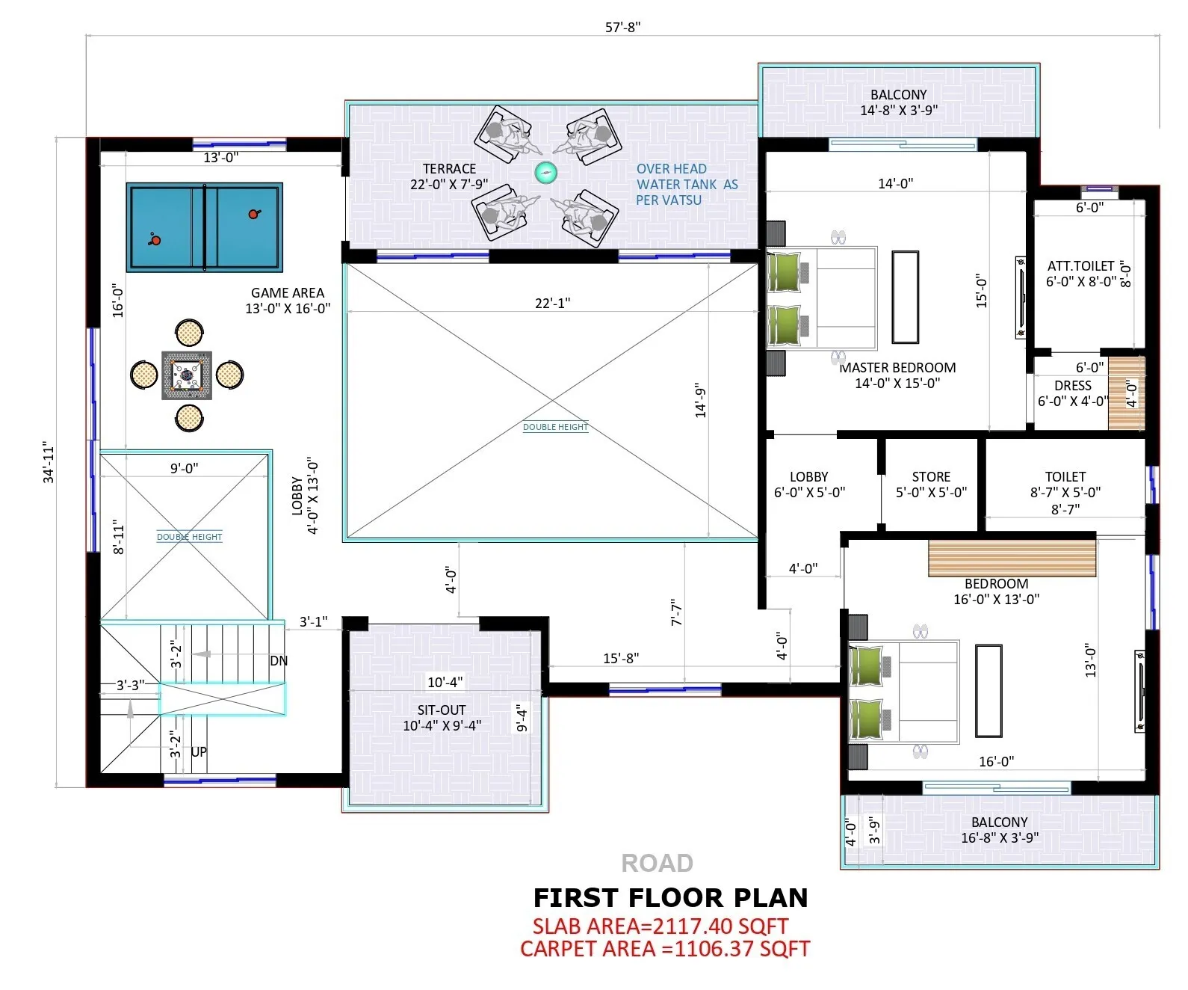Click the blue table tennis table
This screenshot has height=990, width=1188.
click(204, 227)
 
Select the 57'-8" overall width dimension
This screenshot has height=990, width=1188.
click(622, 28)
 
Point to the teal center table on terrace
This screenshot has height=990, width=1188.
click(546, 173)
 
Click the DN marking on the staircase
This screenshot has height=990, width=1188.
click(279, 661)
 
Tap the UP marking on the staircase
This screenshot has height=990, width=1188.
click(199, 752)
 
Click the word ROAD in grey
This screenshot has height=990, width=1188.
click(657, 864)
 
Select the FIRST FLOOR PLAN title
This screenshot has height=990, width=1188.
click(670, 897)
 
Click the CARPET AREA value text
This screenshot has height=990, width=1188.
click(665, 949)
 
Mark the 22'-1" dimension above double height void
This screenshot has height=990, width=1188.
click(552, 303)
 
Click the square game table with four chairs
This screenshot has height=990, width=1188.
click(187, 375)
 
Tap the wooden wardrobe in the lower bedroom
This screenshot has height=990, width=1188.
click(1012, 558)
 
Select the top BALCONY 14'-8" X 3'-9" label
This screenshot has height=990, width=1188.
click(898, 102)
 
